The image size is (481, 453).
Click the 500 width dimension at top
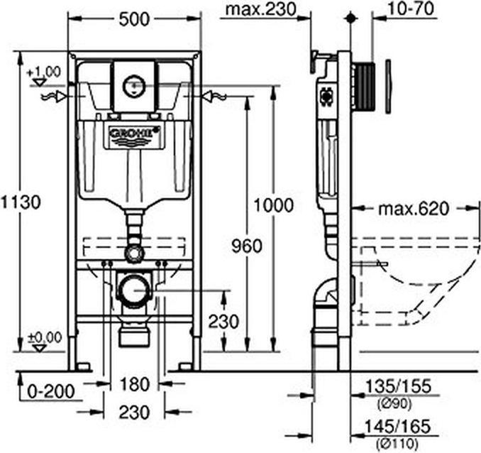134,19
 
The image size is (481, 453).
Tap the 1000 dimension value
273,206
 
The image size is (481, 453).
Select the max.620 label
413,209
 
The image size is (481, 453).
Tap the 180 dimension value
134,384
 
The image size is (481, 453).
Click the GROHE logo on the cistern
134,132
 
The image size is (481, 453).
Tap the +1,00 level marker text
44,72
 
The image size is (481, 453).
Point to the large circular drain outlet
134,291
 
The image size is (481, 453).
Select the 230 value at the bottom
134,412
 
